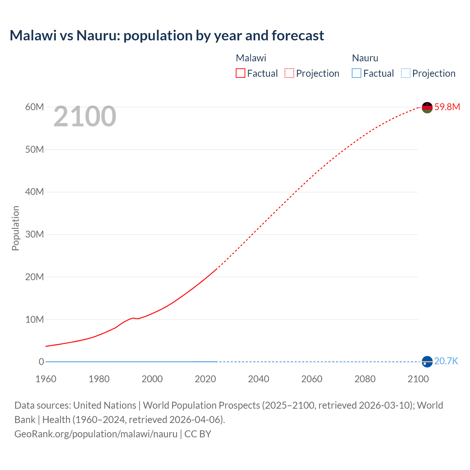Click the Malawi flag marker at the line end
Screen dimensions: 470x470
click(x=427, y=107)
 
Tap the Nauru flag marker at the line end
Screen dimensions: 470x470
click(x=427, y=362)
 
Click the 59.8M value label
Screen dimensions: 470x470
click(x=447, y=107)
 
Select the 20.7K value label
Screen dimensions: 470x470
click(x=446, y=361)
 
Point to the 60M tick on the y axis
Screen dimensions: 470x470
click(x=35, y=107)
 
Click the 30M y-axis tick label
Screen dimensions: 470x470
click(x=35, y=234)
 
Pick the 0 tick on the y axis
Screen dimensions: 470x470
click(x=41, y=362)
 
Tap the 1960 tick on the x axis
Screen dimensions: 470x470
click(x=46, y=379)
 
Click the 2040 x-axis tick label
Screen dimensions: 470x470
click(x=258, y=379)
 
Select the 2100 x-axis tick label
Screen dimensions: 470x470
click(x=418, y=379)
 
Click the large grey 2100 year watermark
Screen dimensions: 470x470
click(x=85, y=116)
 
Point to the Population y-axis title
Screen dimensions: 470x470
click(x=15, y=228)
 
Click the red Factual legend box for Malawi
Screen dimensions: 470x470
click(x=241, y=73)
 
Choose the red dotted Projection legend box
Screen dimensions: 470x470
click(x=289, y=73)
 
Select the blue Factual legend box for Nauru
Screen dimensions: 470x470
click(x=357, y=73)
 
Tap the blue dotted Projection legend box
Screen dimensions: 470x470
click(x=405, y=73)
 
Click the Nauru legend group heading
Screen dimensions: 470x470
click(x=365, y=58)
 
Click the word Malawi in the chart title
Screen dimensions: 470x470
click(x=33, y=36)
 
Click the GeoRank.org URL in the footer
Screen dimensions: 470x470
click(x=96, y=434)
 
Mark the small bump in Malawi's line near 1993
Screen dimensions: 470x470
click(x=133, y=318)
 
